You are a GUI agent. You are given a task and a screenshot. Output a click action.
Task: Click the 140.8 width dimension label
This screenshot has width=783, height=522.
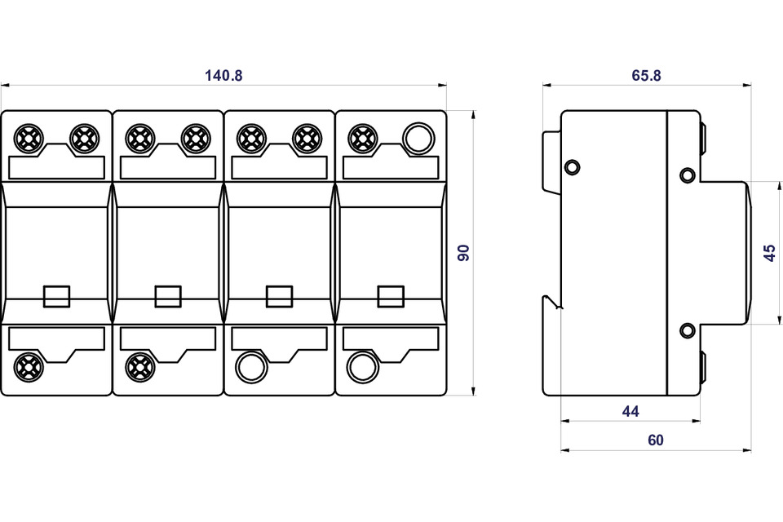(223, 75)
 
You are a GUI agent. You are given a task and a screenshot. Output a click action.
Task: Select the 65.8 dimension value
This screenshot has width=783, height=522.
(646, 75)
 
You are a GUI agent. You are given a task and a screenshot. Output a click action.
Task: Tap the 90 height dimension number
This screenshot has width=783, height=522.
(464, 253)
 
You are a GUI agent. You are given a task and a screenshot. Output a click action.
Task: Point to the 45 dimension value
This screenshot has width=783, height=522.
(770, 253)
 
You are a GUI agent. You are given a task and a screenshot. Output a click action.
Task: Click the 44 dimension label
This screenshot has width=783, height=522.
(630, 411)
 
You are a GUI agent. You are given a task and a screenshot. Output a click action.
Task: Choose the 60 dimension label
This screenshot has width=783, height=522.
(656, 440)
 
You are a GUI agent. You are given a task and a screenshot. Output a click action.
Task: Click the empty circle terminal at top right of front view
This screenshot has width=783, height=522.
(418, 139)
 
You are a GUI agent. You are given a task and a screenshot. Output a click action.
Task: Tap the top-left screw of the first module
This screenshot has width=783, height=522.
(29, 139)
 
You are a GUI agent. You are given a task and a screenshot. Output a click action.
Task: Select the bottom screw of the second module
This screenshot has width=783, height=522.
(139, 367)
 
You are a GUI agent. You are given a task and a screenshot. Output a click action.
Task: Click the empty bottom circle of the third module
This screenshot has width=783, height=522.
(251, 367)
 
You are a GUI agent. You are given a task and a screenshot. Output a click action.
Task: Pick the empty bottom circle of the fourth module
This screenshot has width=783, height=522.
(362, 367)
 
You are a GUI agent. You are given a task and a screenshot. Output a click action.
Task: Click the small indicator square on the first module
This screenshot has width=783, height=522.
(57, 296)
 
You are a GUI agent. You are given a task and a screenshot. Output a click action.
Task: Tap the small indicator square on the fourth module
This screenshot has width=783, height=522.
(391, 296)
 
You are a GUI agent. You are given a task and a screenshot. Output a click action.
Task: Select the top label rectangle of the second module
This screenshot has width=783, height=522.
(168, 167)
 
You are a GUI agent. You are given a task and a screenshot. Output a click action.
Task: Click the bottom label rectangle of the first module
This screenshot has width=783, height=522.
(57, 338)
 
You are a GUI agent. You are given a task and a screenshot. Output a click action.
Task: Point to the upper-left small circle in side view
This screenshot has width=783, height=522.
(571, 167)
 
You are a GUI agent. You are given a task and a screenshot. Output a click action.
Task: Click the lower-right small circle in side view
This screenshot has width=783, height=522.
(688, 330)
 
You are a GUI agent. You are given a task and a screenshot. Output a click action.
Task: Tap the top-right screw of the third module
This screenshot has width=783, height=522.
(307, 139)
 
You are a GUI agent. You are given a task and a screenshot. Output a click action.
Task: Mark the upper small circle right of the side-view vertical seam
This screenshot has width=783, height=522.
(688, 175)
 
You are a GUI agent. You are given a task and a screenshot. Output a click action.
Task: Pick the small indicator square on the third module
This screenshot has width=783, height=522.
(280, 296)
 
